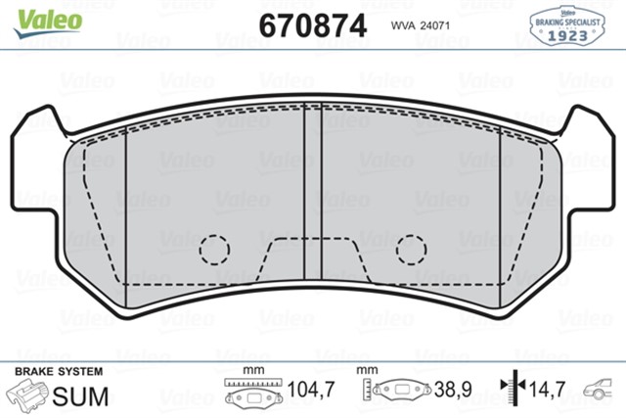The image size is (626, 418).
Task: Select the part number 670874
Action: click(312, 25)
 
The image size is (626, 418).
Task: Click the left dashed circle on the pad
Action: click(214, 250)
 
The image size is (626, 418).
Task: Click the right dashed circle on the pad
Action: click(411, 250)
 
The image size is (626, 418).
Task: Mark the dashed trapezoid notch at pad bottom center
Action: click(312, 259)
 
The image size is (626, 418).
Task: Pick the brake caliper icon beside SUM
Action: click(28, 395)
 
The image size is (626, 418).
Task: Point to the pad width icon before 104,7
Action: click(252, 391)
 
